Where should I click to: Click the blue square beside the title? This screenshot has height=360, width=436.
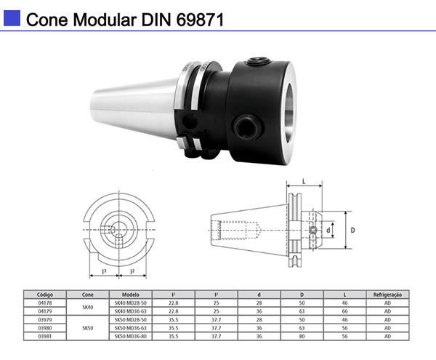(x=12, y=17)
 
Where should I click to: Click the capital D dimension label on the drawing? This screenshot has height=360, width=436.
(x=354, y=230)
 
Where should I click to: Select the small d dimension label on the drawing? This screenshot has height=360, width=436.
(x=328, y=230)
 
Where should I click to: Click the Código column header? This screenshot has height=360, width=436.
(x=46, y=295)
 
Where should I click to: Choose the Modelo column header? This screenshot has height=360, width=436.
(x=131, y=295)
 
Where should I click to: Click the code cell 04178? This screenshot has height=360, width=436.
(x=46, y=302)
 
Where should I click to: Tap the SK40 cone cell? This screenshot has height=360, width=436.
(x=88, y=306)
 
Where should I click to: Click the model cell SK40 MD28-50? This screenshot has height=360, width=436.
(x=131, y=302)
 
